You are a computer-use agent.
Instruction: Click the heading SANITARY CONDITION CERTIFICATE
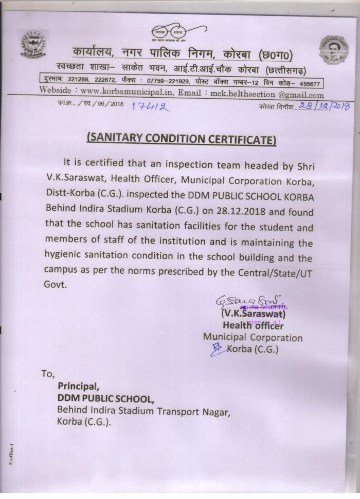pyautogui.click(x=181, y=139)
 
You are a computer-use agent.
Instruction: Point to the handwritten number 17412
pyautogui.click(x=150, y=106)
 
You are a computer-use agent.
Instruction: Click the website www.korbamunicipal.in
pyautogui.click(x=128, y=94)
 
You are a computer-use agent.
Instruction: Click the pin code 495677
pyautogui.click(x=309, y=83)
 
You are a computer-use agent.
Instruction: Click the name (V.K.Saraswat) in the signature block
pyautogui.click(x=253, y=313)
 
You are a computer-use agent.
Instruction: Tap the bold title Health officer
pyautogui.click(x=253, y=325)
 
